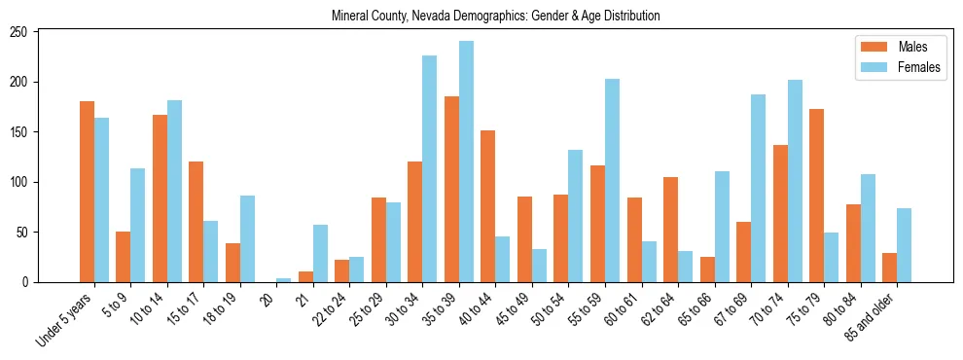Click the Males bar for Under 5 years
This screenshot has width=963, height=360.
[87, 192]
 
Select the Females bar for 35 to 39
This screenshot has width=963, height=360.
[466, 162]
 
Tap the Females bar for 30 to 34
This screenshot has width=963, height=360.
[429, 169]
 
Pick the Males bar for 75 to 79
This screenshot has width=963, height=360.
[816, 196]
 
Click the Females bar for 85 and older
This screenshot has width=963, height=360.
[904, 245]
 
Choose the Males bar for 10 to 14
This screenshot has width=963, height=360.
[160, 198]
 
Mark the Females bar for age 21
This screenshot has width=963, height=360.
[320, 254]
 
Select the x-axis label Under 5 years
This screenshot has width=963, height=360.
[64, 317]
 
